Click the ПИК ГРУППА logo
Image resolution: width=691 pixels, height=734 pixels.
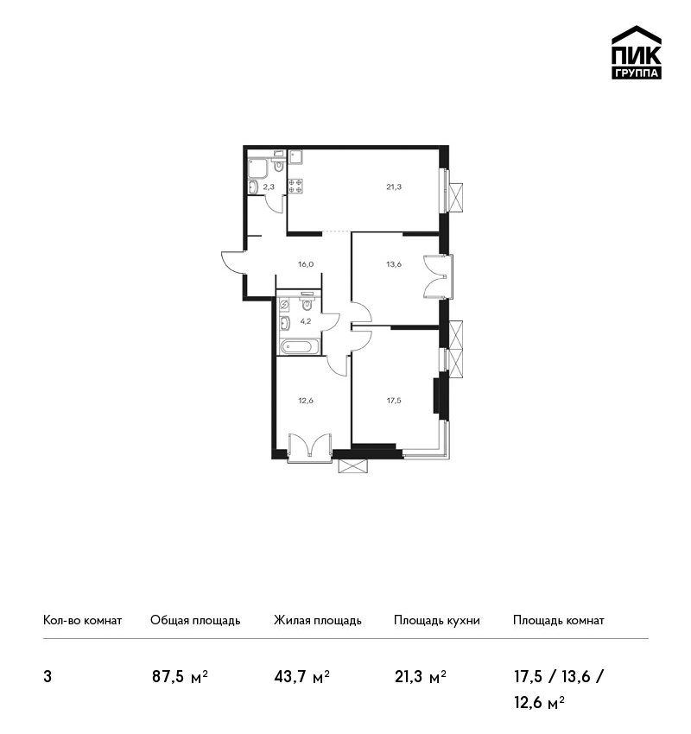[637, 53]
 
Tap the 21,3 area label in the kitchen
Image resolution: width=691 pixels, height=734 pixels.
[394, 187]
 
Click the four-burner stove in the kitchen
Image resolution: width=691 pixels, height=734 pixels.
[295, 186]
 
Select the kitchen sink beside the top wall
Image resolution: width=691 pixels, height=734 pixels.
[295, 156]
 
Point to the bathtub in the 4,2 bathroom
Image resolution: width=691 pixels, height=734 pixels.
[300, 347]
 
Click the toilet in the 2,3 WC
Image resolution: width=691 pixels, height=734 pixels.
[278, 164]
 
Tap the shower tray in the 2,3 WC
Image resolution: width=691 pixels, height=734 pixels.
[257, 168]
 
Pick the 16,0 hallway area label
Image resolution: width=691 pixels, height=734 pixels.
[306, 264]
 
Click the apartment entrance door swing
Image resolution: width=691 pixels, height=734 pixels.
[233, 263]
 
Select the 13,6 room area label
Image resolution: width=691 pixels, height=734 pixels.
[394, 264]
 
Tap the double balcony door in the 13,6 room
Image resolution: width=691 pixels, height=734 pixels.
[436, 276]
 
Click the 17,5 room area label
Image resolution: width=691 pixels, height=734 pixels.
[394, 400]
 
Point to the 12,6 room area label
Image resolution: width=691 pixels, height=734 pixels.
[306, 400]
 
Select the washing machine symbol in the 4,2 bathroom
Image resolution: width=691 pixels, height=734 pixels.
[284, 305]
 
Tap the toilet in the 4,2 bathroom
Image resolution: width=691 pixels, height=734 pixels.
[307, 303]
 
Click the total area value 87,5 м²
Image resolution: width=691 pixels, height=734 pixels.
[180, 677]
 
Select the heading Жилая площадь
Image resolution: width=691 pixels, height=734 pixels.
[317, 620]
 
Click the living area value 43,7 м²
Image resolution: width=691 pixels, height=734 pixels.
[302, 677]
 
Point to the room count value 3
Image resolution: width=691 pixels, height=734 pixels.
[48, 677]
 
